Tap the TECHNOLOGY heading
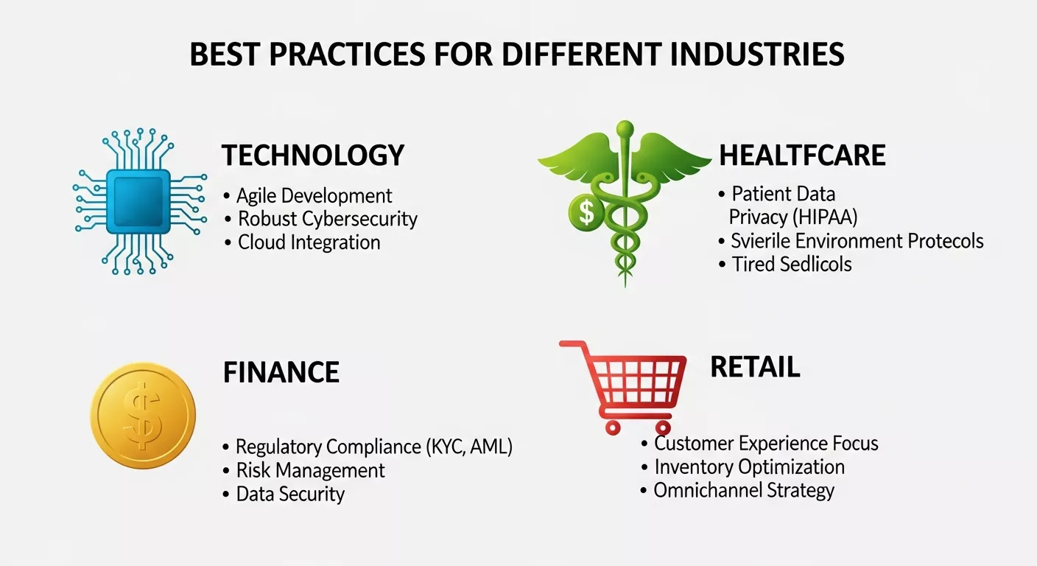[x=313, y=156]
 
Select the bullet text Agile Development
[x=314, y=195]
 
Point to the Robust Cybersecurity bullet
[x=328, y=219]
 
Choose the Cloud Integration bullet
[x=309, y=242]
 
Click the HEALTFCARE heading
[x=802, y=156]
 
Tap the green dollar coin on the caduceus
[x=586, y=213]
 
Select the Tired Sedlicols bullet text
[x=791, y=264]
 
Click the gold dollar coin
[x=143, y=415]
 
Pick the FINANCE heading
[x=281, y=372]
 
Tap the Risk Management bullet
[x=310, y=470]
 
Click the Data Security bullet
[x=290, y=494]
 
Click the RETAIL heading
[x=755, y=367]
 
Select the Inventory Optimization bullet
[x=749, y=467]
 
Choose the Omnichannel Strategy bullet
[x=744, y=491]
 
